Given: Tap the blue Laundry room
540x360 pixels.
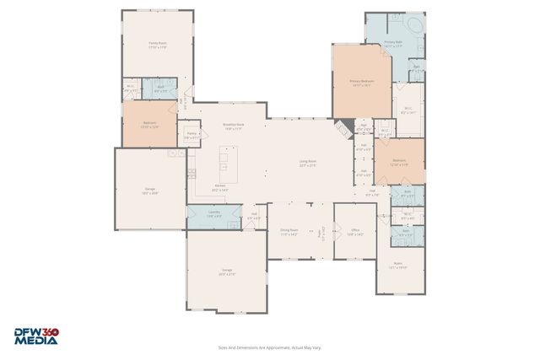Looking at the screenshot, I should pos(214,215).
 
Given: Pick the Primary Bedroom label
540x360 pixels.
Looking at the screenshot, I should pos(362,83).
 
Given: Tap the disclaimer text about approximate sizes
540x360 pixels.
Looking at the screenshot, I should pos(269,347).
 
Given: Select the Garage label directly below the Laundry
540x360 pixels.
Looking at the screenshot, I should pos(227,271).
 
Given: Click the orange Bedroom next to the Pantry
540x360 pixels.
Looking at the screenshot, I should pos(150,125).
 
